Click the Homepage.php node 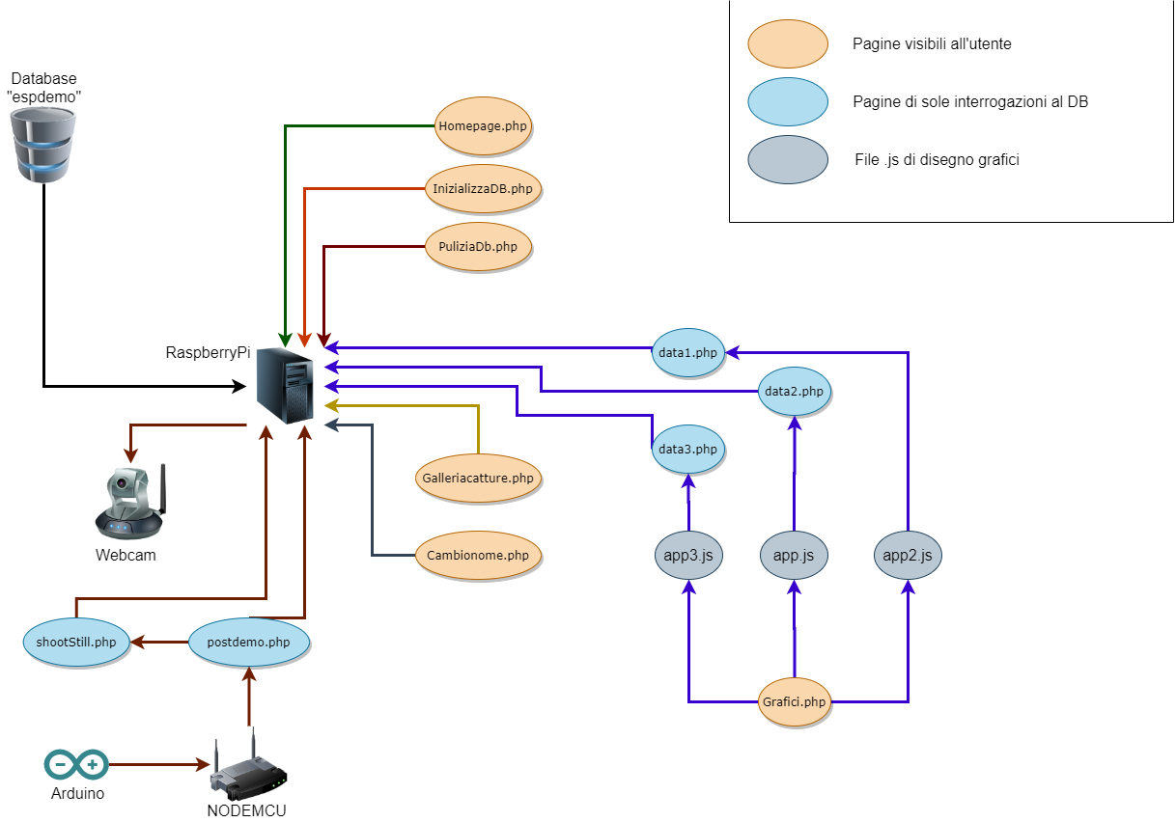pyautogui.click(x=484, y=125)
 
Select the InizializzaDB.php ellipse pyautogui.click(x=483, y=187)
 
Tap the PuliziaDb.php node pyautogui.click(x=479, y=247)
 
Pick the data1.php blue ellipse pyautogui.click(x=688, y=353)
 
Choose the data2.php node pyautogui.click(x=794, y=392)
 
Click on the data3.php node pyautogui.click(x=687, y=449)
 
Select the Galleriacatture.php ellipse pyautogui.click(x=478, y=478)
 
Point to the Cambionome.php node pyautogui.click(x=478, y=556)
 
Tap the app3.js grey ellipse pyautogui.click(x=688, y=556)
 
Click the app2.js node pyautogui.click(x=908, y=556)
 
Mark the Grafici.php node pyautogui.click(x=794, y=701)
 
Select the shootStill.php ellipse pyautogui.click(x=76, y=642)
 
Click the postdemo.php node pyautogui.click(x=249, y=642)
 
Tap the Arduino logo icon pyautogui.click(x=76, y=765)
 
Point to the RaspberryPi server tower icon pyautogui.click(x=286, y=385)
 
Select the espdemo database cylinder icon pyautogui.click(x=43, y=146)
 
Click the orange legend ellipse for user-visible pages pyautogui.click(x=788, y=44)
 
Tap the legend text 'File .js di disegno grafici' pyautogui.click(x=937, y=160)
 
